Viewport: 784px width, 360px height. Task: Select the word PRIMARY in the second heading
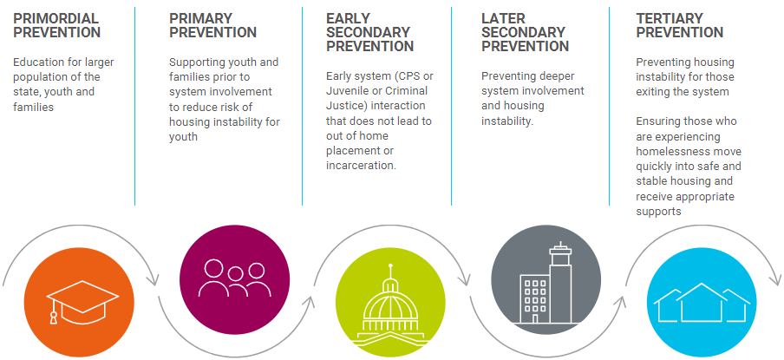click(x=202, y=17)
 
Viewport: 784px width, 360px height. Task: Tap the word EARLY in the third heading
click(x=349, y=17)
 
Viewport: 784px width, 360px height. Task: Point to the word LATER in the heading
click(x=504, y=17)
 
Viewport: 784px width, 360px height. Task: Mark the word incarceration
click(x=361, y=166)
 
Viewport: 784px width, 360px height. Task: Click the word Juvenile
click(x=350, y=90)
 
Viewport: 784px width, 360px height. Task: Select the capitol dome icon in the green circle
click(x=390, y=307)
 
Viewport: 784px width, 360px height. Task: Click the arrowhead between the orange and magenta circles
click(x=155, y=280)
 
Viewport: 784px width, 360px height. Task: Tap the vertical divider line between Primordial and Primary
click(x=135, y=104)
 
